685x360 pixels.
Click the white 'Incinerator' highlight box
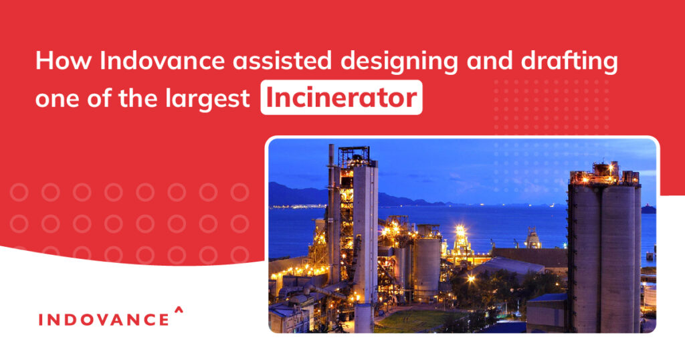tap(341, 98)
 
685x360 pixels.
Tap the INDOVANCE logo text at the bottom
tap(104, 319)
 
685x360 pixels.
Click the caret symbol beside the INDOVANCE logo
tap(178, 309)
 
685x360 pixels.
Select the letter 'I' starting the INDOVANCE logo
tap(41, 319)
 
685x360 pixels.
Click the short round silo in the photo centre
tap(427, 268)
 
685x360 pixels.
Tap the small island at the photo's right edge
tap(648, 209)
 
